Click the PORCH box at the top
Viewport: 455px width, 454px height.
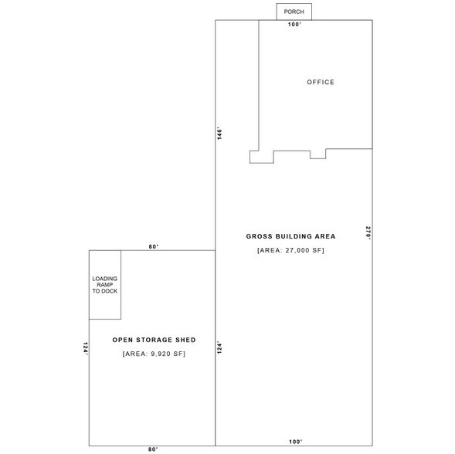click(x=294, y=12)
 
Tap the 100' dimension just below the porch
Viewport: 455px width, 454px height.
click(x=294, y=25)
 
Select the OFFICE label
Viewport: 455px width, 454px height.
click(x=321, y=83)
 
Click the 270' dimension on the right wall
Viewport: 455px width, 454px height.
click(x=368, y=233)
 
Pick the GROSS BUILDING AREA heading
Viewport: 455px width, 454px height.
click(x=285, y=236)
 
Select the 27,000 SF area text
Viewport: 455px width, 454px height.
click(x=285, y=251)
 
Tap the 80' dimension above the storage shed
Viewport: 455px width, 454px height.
click(x=154, y=246)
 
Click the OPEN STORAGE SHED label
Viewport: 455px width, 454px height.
click(x=154, y=340)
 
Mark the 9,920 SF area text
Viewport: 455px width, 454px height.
click(x=154, y=354)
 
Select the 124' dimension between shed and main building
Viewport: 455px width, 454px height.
click(x=219, y=348)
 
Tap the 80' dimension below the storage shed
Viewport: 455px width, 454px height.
click(x=153, y=449)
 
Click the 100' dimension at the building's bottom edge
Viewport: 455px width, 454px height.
click(x=295, y=442)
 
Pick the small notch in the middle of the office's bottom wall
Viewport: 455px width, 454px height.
click(x=317, y=154)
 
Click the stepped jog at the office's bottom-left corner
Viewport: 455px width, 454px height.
click(x=262, y=157)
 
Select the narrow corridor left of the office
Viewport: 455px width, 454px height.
click(x=236, y=85)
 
